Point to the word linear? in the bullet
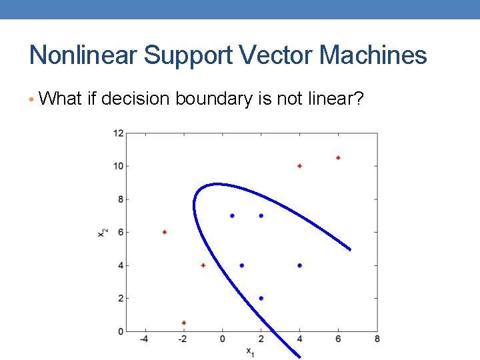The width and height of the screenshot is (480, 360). coord(336,99)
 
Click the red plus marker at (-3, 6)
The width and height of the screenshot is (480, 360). coord(164,232)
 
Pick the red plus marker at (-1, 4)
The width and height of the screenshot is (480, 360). coord(203,265)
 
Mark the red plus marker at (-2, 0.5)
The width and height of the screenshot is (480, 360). coord(183,323)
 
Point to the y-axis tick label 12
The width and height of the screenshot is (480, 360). coord(118,133)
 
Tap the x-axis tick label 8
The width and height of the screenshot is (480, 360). coord(377,339)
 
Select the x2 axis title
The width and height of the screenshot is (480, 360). coord(101,232)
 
